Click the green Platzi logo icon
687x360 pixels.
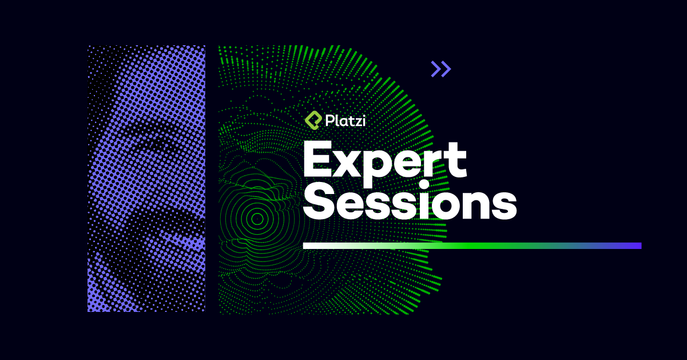pyautogui.click(x=312, y=120)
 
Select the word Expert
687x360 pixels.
pyautogui.click(x=384, y=160)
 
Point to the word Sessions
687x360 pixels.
pyautogui.click(x=410, y=203)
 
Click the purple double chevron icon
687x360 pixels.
pyautogui.click(x=441, y=69)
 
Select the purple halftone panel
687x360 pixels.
pyautogui.click(x=146, y=179)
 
